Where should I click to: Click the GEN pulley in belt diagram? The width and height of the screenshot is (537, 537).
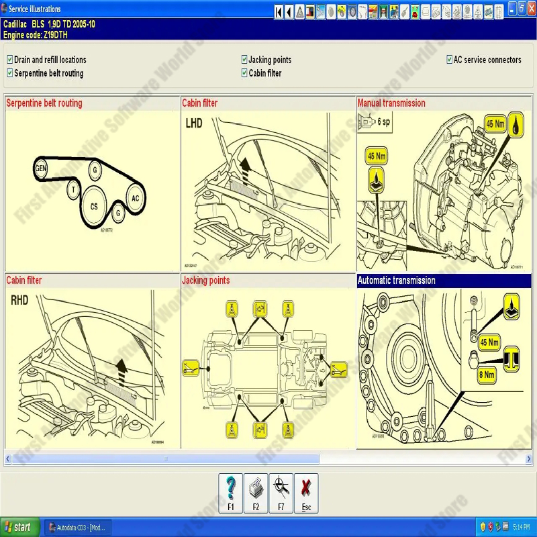(x=42, y=168)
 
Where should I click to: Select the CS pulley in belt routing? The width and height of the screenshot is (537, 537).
(x=94, y=206)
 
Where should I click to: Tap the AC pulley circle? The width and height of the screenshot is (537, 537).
(x=135, y=199)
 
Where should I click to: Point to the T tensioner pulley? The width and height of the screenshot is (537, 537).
(x=72, y=191)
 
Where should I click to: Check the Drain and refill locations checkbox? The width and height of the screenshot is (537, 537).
(x=9, y=60)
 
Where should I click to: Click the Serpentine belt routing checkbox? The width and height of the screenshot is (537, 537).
(x=9, y=73)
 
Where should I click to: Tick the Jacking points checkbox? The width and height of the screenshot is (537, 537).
(x=244, y=60)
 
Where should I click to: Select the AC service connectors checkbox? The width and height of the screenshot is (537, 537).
(x=449, y=60)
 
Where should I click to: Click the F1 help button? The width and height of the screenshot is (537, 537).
(x=230, y=493)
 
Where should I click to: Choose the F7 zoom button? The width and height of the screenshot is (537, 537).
(x=281, y=493)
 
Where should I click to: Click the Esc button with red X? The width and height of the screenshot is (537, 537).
(x=306, y=493)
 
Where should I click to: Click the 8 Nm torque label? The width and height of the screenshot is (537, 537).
(x=487, y=375)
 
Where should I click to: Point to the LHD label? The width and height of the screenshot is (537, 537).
(x=194, y=124)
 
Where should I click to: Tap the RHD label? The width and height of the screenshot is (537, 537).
(x=19, y=301)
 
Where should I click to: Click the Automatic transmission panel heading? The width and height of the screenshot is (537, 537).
(x=396, y=281)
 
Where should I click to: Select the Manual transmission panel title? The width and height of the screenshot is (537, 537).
(x=391, y=103)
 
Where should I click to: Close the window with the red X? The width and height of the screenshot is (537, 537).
(x=530, y=7)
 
